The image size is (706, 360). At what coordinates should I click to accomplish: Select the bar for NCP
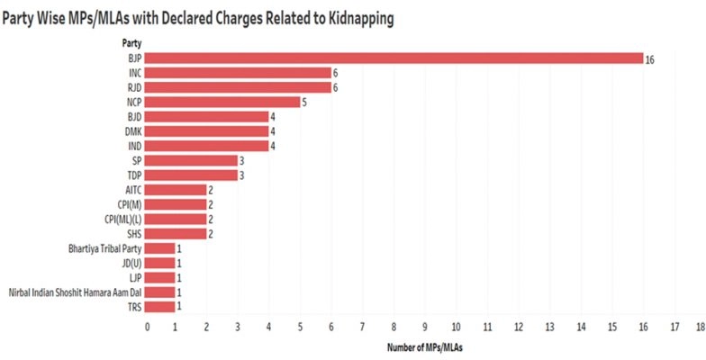click(x=223, y=102)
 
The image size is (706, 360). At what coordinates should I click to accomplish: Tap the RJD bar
click(x=239, y=87)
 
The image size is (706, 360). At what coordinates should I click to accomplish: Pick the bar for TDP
click(x=192, y=175)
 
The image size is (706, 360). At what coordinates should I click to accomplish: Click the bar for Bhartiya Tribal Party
click(x=161, y=247)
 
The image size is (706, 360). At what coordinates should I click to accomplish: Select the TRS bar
click(x=161, y=306)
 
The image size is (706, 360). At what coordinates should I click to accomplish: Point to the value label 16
click(x=650, y=58)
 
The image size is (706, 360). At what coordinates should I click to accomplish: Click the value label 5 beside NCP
click(x=305, y=102)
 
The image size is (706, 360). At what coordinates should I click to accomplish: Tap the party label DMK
click(x=132, y=131)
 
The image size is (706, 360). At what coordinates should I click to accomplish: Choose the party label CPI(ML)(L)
click(x=123, y=219)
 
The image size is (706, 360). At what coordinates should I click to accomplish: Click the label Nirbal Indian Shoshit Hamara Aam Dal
click(x=75, y=292)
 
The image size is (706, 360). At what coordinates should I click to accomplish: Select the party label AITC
click(x=132, y=189)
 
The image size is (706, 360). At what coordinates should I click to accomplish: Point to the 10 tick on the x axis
click(x=457, y=327)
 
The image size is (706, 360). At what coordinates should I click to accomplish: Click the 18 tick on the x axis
click(x=700, y=327)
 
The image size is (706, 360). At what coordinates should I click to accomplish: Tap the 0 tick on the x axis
click(x=147, y=327)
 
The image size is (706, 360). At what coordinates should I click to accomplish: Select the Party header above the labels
click(x=131, y=42)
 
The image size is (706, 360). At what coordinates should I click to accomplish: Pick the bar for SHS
click(x=176, y=233)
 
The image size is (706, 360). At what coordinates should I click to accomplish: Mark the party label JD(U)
click(x=131, y=262)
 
